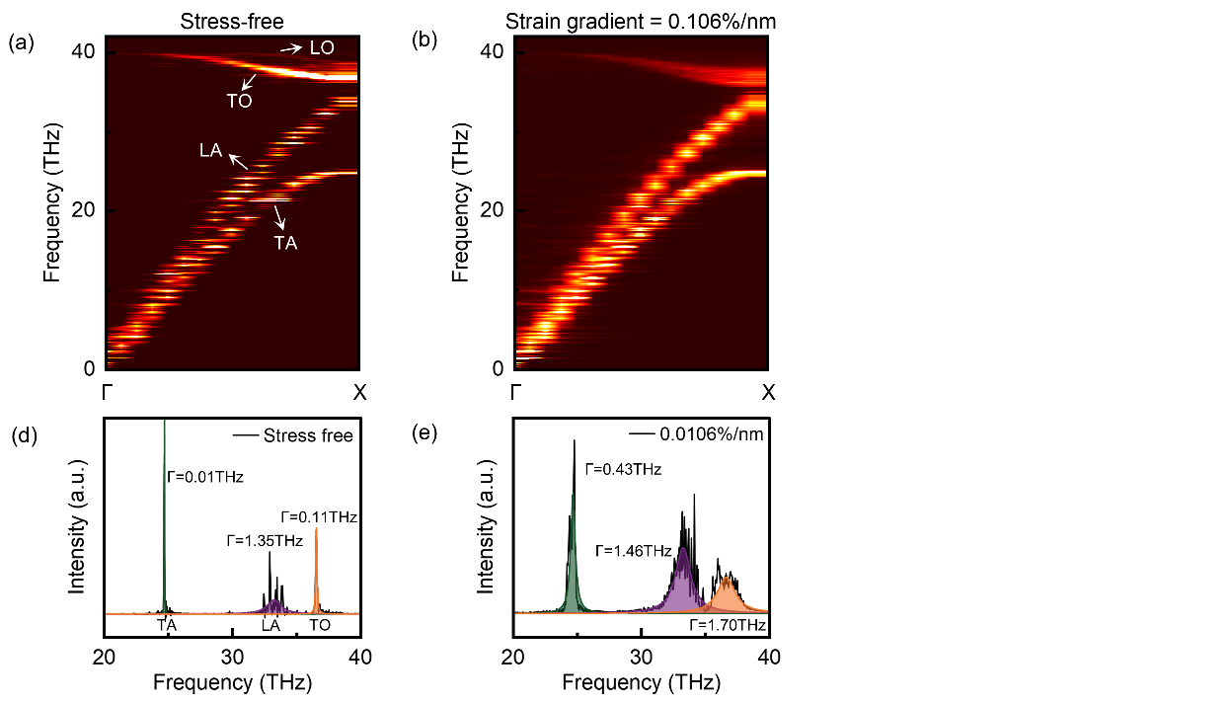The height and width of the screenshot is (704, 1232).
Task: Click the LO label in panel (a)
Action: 322,47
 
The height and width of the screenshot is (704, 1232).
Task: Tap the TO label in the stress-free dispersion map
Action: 239,101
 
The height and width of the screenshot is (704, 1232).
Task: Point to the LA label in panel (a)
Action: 210,150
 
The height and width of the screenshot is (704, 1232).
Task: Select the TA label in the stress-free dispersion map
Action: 285,243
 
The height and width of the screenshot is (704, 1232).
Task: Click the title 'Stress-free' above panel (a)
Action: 232,22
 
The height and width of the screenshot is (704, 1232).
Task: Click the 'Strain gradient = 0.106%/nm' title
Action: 641,22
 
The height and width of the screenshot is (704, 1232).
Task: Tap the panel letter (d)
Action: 25,435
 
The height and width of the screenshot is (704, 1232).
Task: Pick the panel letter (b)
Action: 424,40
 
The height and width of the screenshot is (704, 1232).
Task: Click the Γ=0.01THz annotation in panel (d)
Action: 205,477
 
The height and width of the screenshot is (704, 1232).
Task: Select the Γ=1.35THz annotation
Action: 265,541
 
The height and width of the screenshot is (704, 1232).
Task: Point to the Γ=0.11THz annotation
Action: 319,517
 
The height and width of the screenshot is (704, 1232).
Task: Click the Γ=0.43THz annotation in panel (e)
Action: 623,469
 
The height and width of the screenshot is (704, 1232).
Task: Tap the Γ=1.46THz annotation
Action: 634,551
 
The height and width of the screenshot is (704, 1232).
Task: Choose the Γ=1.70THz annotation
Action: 728,625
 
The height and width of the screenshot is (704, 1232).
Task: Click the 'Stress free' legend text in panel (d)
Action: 308,435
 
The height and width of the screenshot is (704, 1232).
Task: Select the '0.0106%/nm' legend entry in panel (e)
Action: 712,434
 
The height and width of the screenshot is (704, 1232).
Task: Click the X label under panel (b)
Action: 768,392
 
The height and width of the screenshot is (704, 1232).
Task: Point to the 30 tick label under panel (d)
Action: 232,657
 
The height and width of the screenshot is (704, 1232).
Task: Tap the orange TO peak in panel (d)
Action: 316,572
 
